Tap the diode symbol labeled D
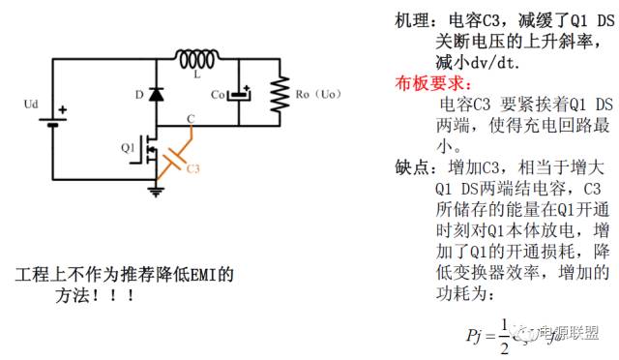155,96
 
